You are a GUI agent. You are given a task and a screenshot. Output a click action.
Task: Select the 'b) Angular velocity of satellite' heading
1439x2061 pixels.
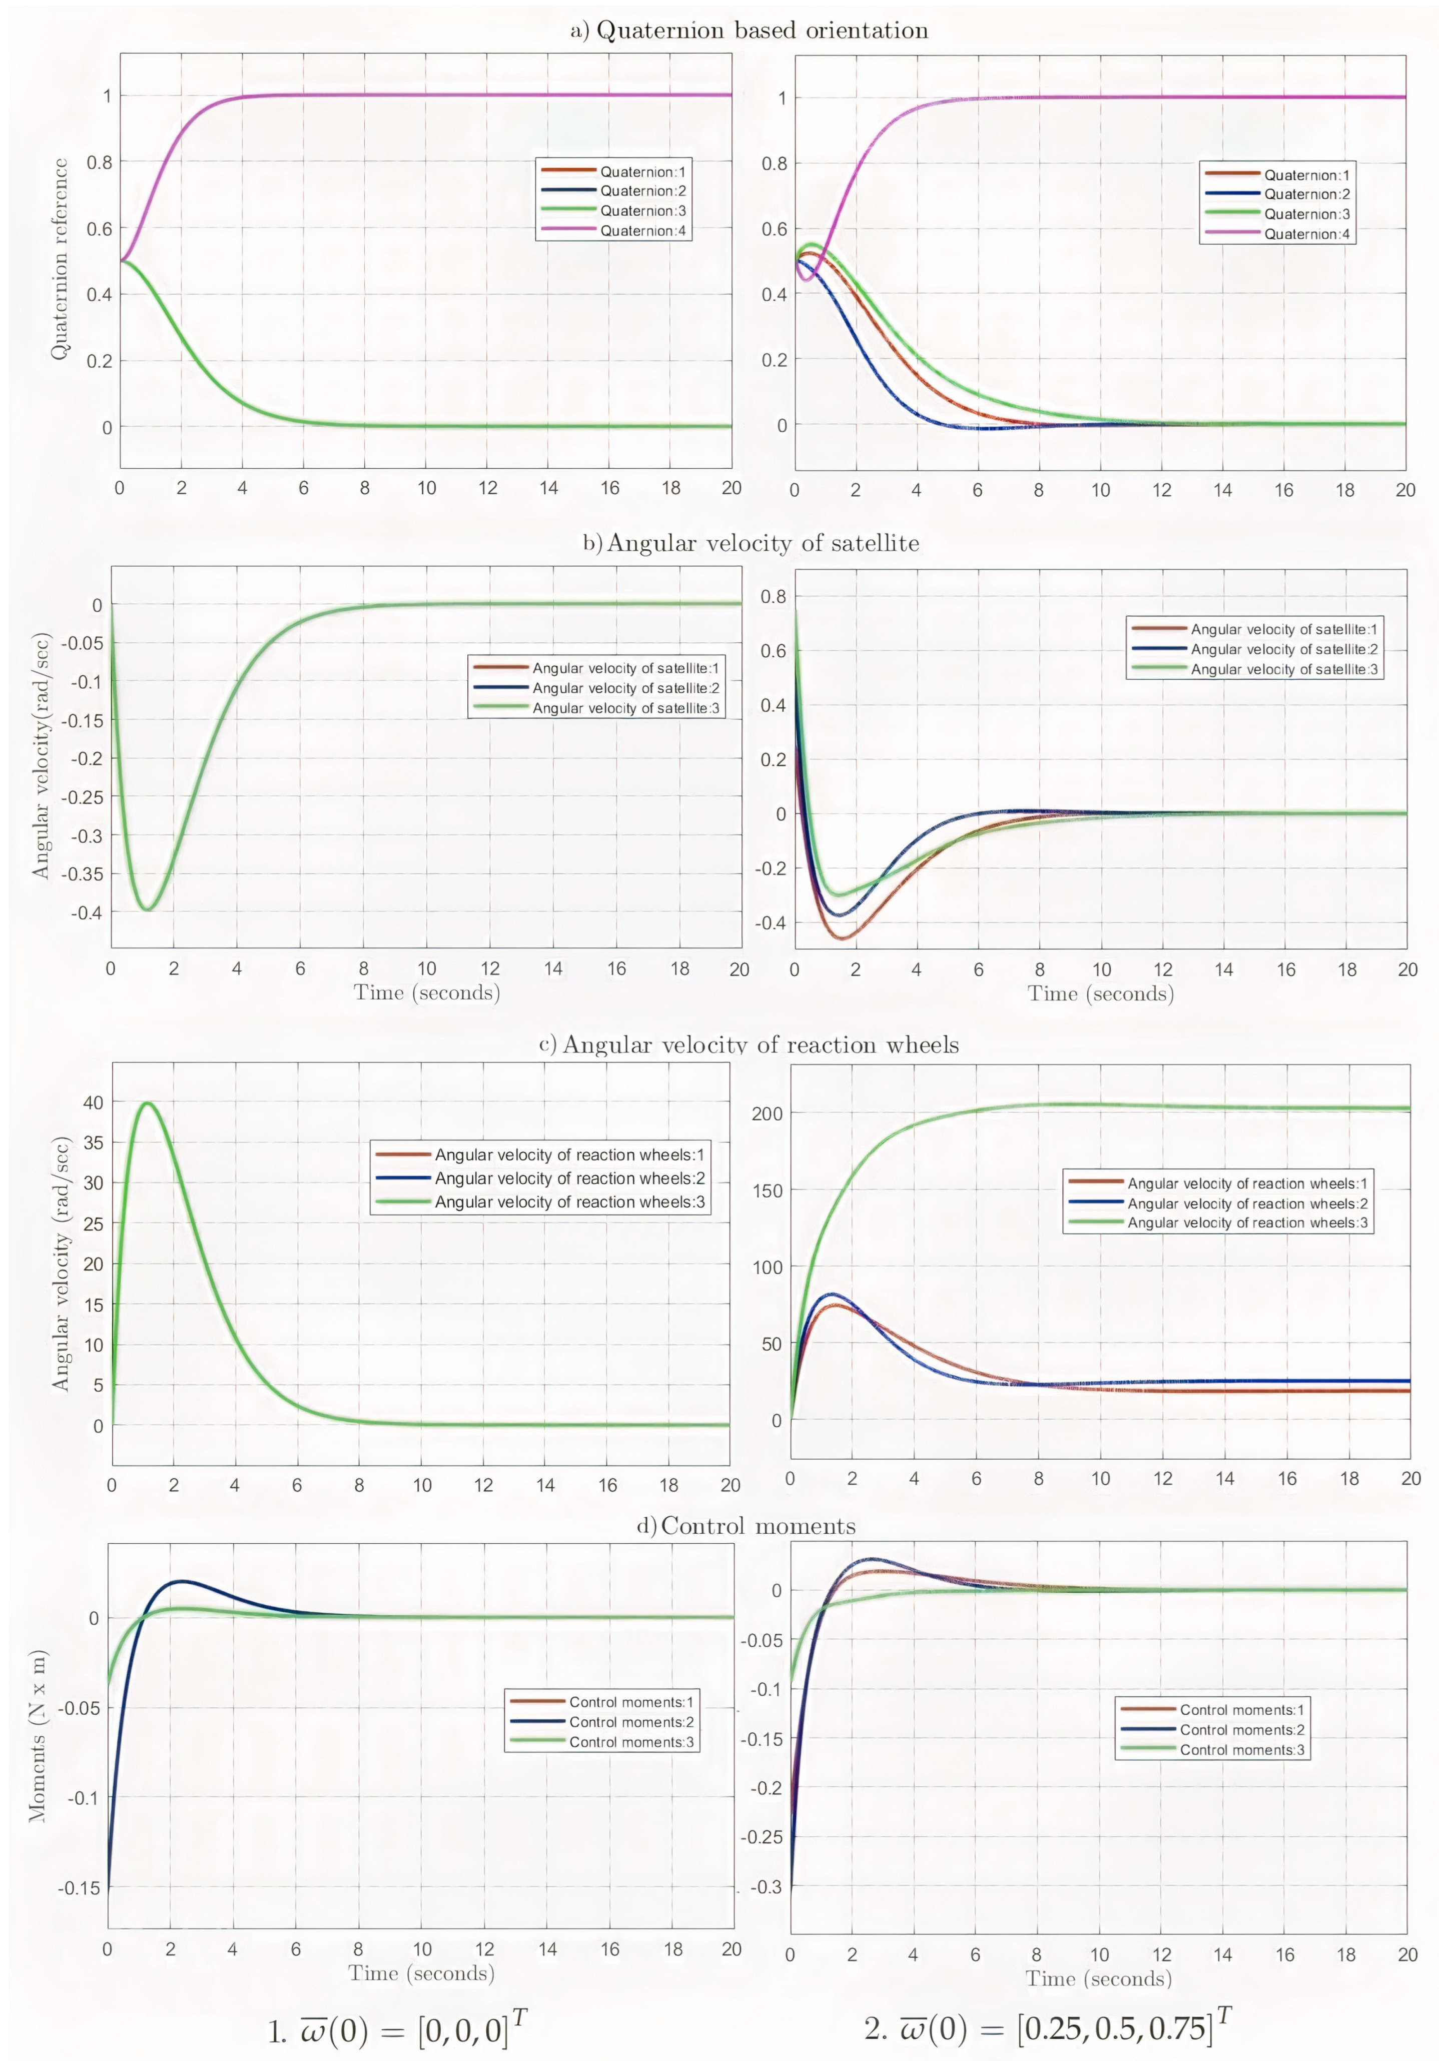click(x=751, y=543)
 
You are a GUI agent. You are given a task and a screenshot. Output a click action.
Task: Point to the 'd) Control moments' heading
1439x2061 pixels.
click(x=746, y=1526)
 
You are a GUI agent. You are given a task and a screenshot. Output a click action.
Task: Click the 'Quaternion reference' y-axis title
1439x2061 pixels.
click(x=59, y=260)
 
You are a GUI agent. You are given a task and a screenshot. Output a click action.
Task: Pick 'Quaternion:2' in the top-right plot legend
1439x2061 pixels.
click(x=1306, y=194)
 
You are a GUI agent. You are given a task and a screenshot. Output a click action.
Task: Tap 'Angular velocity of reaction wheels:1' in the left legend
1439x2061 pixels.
click(x=569, y=1155)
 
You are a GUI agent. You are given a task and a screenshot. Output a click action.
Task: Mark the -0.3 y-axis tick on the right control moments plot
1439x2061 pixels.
click(x=766, y=1886)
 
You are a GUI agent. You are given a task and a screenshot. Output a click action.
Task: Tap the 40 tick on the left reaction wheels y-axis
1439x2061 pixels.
click(x=93, y=1103)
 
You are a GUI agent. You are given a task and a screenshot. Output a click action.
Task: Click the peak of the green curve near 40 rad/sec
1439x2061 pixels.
click(x=146, y=1103)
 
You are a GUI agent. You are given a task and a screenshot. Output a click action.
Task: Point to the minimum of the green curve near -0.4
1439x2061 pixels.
click(x=146, y=909)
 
